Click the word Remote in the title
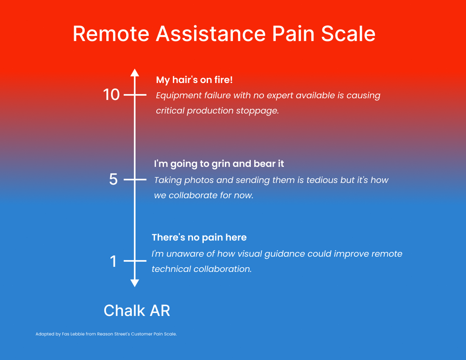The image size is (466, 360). (111, 33)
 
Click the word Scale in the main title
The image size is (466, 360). (348, 33)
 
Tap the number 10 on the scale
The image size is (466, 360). (111, 95)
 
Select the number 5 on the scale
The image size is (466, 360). (113, 180)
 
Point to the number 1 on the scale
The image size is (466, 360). (113, 261)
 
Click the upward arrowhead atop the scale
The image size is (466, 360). (135, 73)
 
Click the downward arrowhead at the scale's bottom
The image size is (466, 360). (135, 283)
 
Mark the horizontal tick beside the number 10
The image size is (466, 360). (135, 95)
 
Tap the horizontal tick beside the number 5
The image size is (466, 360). (135, 180)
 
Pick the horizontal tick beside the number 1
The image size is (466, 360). (135, 261)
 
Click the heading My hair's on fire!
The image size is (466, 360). (194, 80)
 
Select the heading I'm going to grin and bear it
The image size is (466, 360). (219, 164)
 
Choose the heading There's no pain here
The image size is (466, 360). (199, 237)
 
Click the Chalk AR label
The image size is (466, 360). (137, 311)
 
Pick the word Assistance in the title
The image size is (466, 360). (211, 33)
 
